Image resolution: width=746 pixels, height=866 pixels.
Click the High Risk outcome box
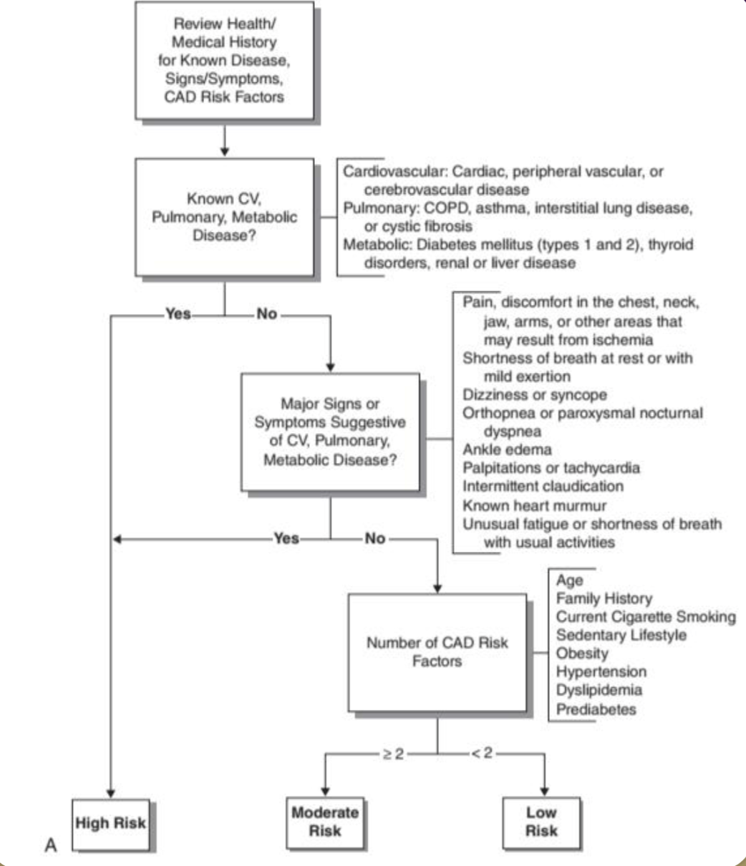coord(111,823)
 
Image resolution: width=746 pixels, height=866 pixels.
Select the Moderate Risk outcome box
coord(325,821)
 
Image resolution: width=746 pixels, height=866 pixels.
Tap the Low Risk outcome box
coord(541,821)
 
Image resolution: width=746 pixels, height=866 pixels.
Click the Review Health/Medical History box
coord(224,60)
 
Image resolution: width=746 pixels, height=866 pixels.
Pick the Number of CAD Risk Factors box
coord(437,651)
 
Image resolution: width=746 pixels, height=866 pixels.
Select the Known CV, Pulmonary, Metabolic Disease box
coord(224,216)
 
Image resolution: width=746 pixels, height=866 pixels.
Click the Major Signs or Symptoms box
coord(330,432)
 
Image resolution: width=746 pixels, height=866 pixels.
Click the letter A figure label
coord(51,846)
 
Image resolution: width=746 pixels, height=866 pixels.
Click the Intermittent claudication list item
coord(543,486)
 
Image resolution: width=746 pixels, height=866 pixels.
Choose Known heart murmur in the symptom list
coord(534,505)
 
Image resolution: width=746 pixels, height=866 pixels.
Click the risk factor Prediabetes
coord(596,709)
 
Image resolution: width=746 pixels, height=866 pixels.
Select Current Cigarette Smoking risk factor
coord(645,616)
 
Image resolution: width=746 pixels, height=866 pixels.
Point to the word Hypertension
coord(601,671)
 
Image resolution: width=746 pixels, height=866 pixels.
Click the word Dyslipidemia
coord(599,690)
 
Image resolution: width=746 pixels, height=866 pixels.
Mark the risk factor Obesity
coord(581,653)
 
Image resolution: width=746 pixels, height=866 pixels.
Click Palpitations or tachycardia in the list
coord(551,468)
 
